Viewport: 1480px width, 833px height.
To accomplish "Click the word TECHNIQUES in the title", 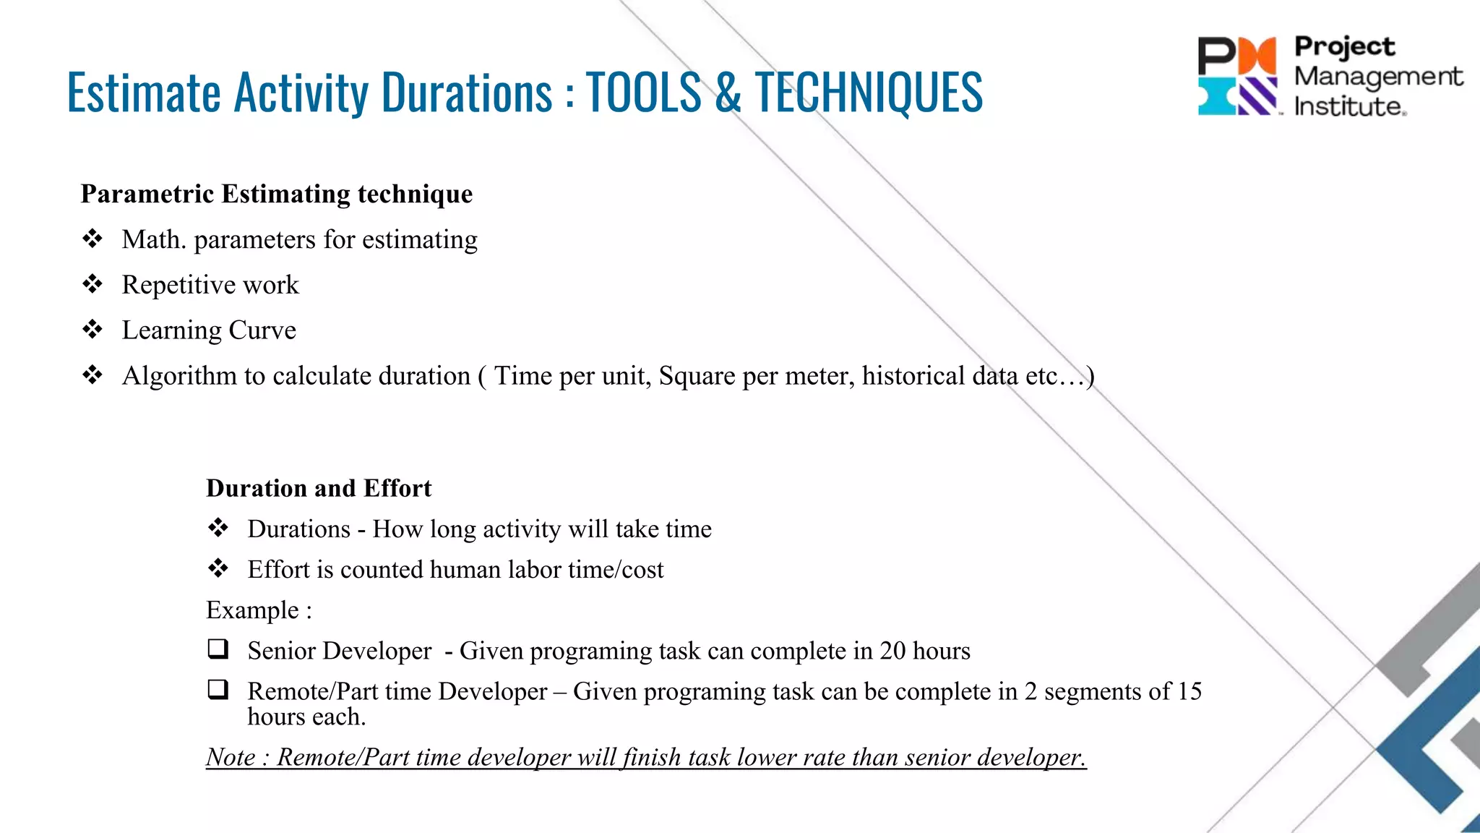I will [x=869, y=93].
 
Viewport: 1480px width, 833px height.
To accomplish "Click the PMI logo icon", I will [x=1238, y=76].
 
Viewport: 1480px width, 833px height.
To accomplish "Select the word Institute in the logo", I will [x=1349, y=107].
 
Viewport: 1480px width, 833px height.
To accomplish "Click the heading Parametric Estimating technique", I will [x=276, y=194].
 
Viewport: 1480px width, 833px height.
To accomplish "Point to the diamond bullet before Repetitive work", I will [x=92, y=284].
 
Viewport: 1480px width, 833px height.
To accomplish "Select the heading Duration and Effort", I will [x=319, y=488].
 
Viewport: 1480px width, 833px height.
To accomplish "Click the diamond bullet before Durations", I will [x=218, y=529].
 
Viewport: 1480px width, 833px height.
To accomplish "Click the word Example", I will [x=252, y=610].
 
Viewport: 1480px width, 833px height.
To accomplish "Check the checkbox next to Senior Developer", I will [x=218, y=649].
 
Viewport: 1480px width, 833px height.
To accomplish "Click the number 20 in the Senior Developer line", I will [x=892, y=651].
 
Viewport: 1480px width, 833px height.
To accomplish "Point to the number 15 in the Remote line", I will [x=1189, y=691].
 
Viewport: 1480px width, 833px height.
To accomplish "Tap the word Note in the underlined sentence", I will [x=231, y=757].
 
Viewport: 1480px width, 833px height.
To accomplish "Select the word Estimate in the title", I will [x=144, y=93].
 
